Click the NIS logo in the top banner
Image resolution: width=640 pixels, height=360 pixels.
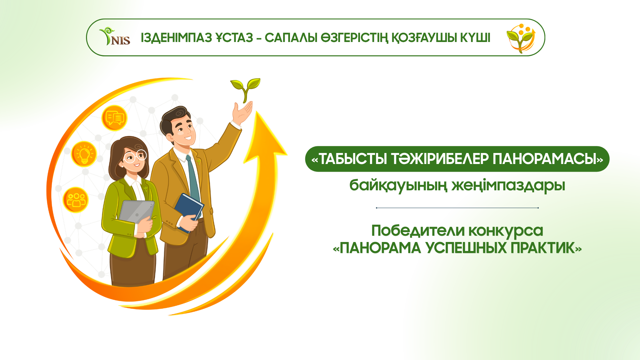coord(115,37)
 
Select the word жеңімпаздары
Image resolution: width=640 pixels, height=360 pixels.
coord(508,185)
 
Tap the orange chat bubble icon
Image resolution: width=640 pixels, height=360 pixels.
coord(114,118)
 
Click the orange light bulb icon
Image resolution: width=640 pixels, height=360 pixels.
coord(84,154)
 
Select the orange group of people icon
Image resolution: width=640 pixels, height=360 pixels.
coord(76,200)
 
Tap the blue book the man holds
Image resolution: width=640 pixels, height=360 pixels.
coord(189,212)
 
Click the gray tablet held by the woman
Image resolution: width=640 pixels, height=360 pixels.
coord(137,212)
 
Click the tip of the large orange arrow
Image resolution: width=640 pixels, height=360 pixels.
coord(257,111)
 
